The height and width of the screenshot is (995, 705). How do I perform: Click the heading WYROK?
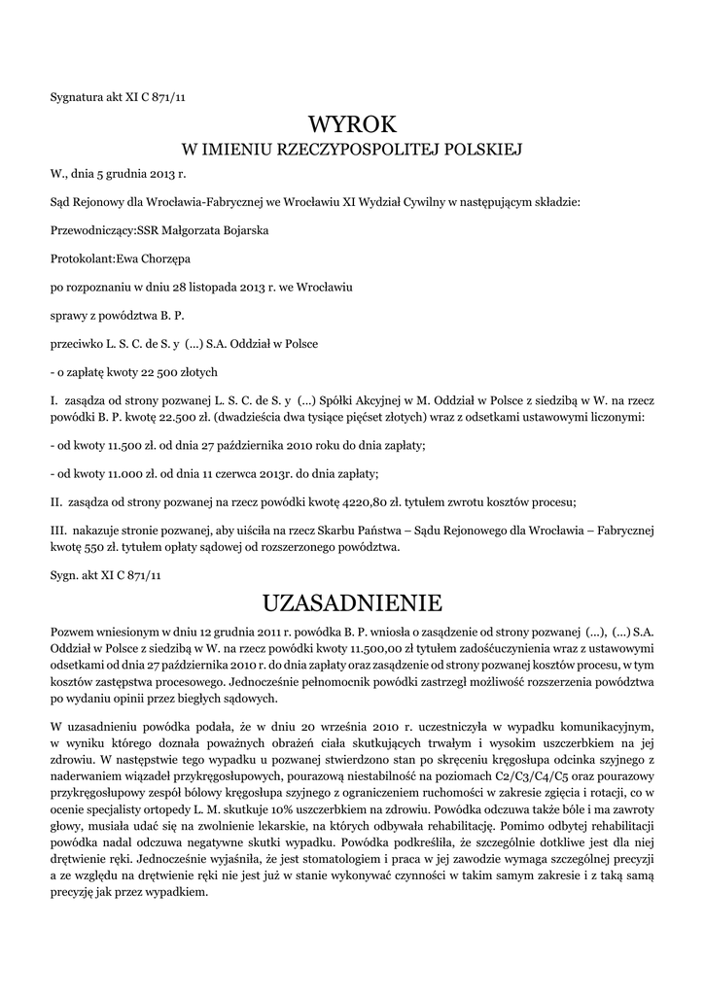pos(352,124)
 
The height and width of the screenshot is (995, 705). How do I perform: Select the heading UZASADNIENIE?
pos(352,604)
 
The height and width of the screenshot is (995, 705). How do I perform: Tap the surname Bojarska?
pos(241,230)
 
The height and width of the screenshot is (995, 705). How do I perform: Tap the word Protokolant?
pos(82,259)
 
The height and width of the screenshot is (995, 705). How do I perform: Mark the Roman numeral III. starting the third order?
pos(57,532)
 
